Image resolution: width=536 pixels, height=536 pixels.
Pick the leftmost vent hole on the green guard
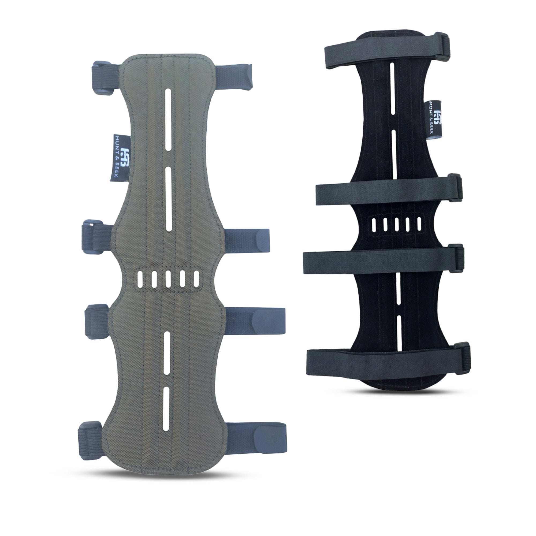click(x=140, y=279)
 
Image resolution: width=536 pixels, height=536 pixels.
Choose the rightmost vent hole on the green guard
click(x=196, y=279)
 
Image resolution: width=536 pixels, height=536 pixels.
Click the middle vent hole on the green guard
click(x=168, y=279)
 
